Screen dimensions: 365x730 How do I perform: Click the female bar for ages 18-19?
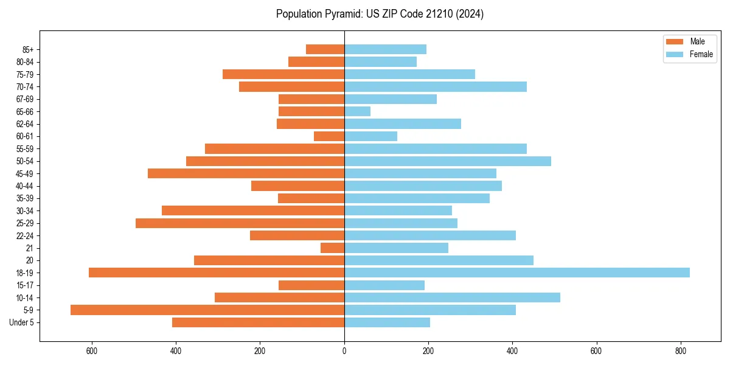tap(517, 273)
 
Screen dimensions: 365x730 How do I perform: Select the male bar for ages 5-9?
tap(207, 310)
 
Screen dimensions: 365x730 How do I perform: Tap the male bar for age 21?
tap(332, 248)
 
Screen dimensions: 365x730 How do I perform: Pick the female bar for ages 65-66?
tap(357, 111)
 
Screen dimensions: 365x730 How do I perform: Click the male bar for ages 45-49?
tap(246, 173)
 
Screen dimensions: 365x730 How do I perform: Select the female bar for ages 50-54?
tap(448, 161)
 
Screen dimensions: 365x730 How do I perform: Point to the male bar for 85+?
tap(325, 49)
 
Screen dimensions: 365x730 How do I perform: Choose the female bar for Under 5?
tap(387, 322)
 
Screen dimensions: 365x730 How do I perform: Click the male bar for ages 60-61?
tap(329, 136)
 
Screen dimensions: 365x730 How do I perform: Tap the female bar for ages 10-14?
tap(452, 297)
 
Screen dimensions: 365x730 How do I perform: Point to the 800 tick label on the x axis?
tap(681, 351)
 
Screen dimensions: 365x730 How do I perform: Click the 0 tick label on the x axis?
tap(344, 351)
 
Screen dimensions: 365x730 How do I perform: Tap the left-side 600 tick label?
tap(92, 351)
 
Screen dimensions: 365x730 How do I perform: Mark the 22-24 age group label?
tap(24, 235)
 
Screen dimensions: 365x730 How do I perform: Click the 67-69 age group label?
tap(24, 99)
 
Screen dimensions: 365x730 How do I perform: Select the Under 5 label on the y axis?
tap(22, 322)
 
